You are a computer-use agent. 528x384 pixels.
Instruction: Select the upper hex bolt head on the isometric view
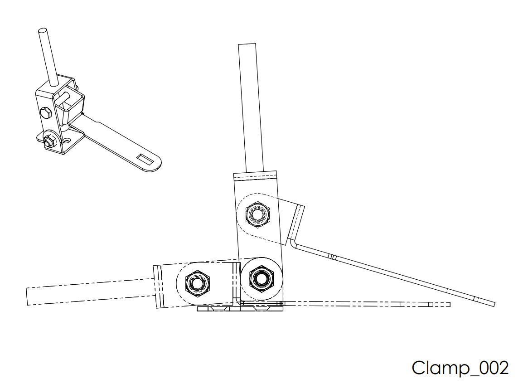tap(46, 112)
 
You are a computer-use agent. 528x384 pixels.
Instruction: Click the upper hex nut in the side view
tap(257, 212)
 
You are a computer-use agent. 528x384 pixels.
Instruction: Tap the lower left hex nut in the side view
tap(196, 283)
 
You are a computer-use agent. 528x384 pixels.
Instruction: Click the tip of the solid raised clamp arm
tap(493, 304)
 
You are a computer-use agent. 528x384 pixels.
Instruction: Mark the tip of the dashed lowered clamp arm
tap(449, 304)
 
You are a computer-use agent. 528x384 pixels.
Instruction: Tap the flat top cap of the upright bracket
tap(255, 176)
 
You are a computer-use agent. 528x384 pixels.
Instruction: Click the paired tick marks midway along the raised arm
tap(332, 257)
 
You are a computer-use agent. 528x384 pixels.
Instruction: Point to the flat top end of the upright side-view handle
tap(248, 44)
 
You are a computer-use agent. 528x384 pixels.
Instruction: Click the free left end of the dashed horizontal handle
tap(28, 297)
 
